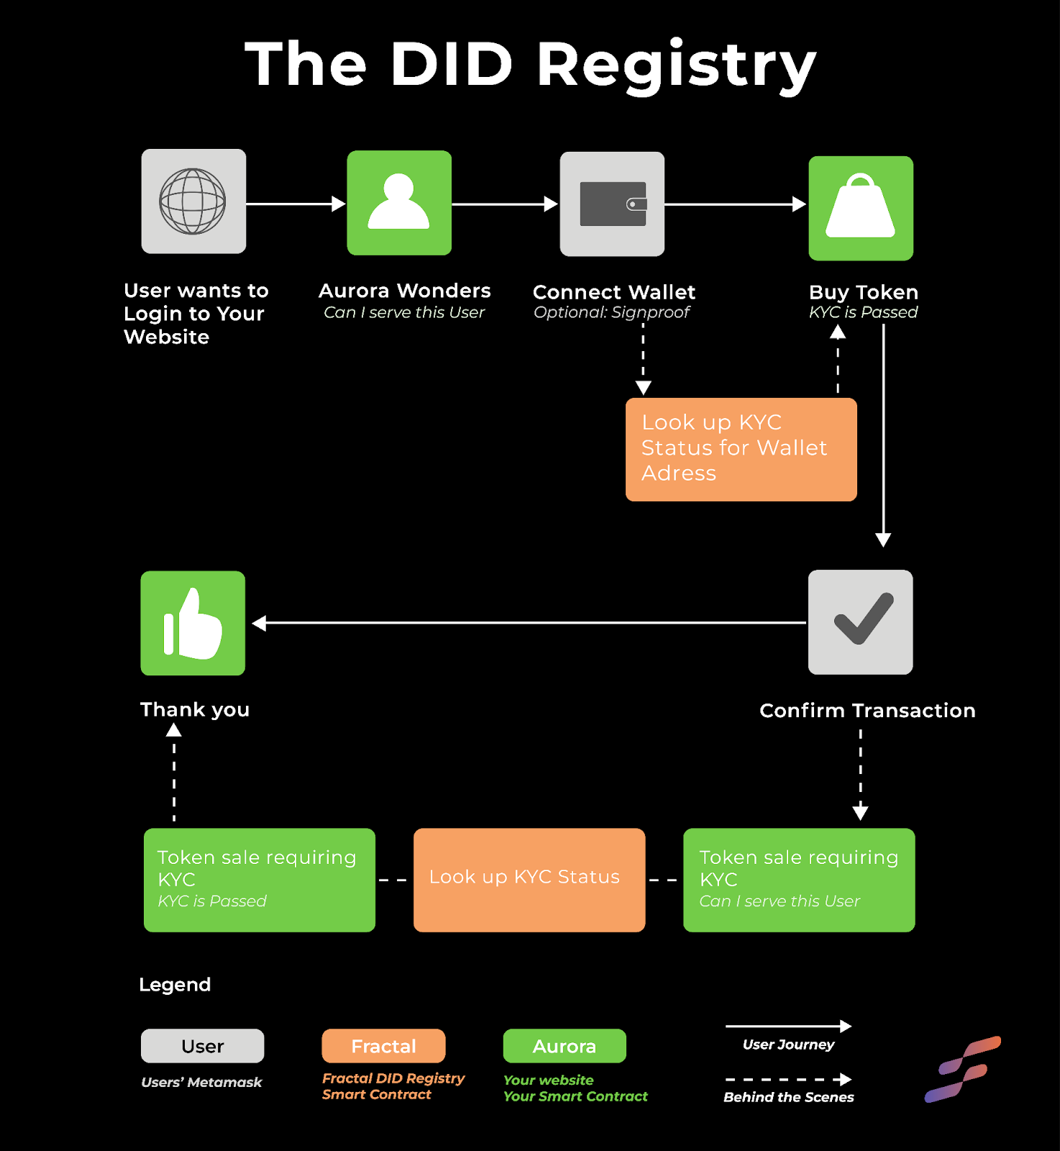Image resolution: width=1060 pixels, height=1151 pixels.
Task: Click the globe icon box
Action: point(193,201)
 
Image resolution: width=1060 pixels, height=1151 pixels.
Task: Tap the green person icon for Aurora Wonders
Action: point(399,203)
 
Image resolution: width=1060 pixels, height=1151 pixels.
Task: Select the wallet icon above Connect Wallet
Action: point(612,204)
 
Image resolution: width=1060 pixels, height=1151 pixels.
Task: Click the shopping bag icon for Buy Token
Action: point(861,208)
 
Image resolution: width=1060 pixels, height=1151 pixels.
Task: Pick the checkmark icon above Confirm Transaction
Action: point(861,622)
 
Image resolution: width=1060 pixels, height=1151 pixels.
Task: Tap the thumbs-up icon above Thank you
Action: point(193,623)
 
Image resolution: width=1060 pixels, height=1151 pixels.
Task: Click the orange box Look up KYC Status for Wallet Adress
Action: point(741,450)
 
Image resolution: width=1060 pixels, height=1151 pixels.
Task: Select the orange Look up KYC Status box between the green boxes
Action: point(529,880)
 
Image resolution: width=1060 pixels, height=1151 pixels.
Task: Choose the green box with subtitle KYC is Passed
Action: point(260,880)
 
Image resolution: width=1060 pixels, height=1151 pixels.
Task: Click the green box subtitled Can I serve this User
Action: point(799,880)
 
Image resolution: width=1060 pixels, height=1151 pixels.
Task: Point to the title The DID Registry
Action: point(531,65)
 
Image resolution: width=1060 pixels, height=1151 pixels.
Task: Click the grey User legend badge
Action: point(203,1046)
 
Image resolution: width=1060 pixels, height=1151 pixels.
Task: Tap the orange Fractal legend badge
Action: point(383,1046)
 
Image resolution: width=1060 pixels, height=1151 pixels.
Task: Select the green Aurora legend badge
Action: point(565,1046)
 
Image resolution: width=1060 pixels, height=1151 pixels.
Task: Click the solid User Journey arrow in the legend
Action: point(788,1027)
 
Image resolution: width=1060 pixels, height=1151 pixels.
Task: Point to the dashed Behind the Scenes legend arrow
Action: point(788,1080)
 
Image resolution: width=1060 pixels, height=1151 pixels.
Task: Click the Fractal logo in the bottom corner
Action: point(962,1069)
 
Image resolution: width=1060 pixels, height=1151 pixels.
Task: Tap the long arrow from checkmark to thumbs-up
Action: point(529,623)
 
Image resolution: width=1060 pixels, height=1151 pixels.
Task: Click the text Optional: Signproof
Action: point(611,312)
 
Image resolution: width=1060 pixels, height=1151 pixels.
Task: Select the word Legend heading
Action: point(175,985)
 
